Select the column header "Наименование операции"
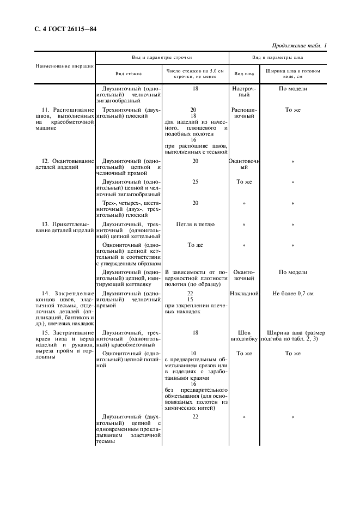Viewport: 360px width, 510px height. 65,66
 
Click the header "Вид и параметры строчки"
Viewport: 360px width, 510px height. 161,57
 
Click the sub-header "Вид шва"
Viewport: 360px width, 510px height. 243,73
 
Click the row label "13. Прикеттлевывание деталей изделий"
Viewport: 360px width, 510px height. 65,227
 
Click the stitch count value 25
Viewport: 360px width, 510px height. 195,181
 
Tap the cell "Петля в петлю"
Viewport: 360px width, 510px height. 195,224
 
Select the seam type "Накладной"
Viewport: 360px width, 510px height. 244,293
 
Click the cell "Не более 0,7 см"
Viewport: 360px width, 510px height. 293,293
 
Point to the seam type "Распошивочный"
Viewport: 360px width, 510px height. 244,113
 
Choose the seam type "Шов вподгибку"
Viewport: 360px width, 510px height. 244,336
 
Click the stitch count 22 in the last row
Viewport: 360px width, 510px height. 195,416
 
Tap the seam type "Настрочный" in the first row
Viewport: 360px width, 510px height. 244,92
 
